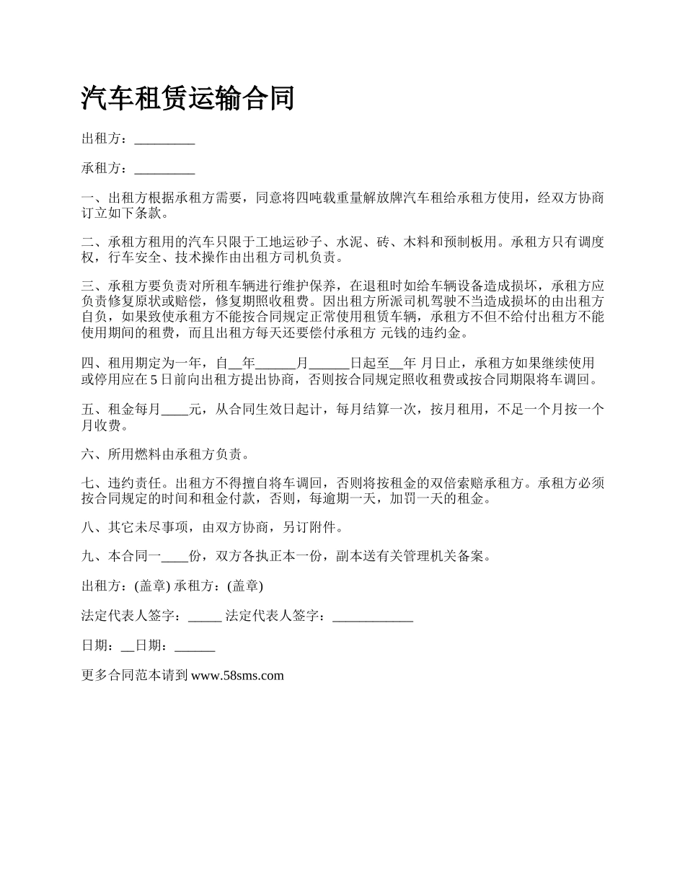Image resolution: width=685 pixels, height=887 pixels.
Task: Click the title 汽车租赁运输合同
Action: click(x=188, y=99)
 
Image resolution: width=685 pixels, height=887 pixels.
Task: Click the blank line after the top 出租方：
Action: click(x=164, y=140)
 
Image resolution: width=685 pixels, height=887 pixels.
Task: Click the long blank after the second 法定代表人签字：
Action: click(x=373, y=617)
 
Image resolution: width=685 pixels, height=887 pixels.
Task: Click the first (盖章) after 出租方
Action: click(x=154, y=586)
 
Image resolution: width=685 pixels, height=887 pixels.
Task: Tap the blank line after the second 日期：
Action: click(x=195, y=646)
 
